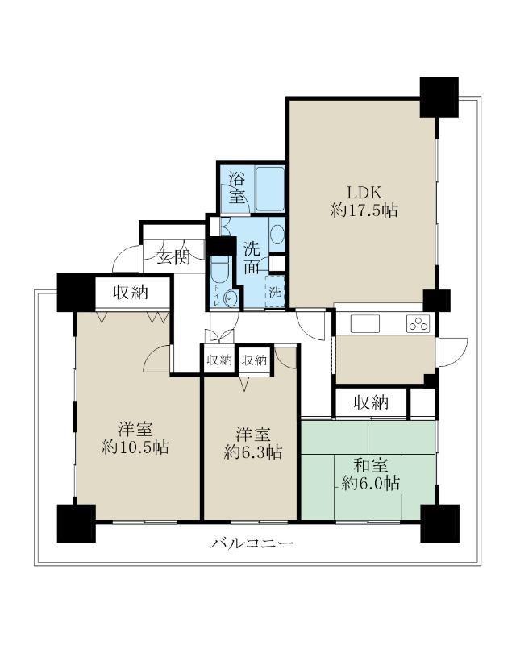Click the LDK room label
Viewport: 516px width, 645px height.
364,193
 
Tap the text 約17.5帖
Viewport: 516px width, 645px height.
364,211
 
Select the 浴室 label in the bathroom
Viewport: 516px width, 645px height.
237,188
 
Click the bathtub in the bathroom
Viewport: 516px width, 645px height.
270,189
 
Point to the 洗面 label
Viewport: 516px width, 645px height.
252,258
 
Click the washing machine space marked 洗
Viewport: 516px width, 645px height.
275,292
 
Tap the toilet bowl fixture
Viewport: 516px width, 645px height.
219,270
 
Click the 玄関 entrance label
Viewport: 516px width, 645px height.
173,257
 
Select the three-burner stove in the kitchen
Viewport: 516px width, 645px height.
418,324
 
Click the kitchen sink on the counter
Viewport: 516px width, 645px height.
365,323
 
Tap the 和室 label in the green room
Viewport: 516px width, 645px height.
371,465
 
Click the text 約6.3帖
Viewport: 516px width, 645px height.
253,452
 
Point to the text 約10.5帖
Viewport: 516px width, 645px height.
135,447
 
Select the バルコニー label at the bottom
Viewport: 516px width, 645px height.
252,543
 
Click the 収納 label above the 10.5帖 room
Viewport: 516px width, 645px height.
131,293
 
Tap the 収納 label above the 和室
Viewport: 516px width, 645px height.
371,402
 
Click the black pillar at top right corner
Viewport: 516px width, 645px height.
439,97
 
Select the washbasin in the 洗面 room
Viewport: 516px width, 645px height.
277,234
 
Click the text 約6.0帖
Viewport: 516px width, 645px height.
371,483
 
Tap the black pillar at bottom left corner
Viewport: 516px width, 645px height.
76,523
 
